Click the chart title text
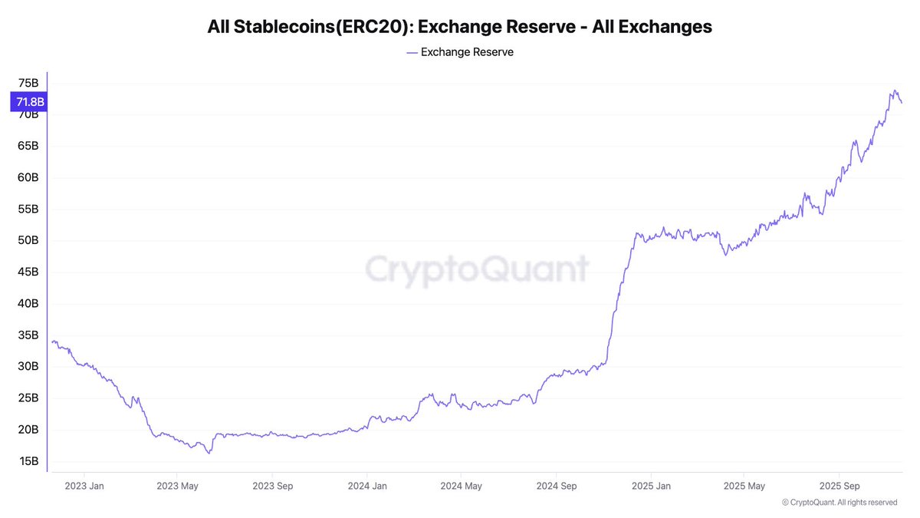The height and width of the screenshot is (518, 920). pos(459,27)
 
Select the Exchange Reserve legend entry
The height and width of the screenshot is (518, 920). pos(460,52)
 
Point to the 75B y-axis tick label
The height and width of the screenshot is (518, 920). pos(28,83)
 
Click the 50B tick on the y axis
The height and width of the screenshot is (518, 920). pos(28,240)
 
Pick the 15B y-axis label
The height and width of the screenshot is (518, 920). pos(28,460)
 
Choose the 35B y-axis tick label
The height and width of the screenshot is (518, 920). pos(28,335)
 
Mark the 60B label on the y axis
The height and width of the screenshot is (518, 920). pos(28,177)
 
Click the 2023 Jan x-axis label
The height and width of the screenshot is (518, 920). pos(84,486)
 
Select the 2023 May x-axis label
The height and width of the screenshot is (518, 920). pos(179,486)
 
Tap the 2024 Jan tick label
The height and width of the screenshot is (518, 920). pos(367,486)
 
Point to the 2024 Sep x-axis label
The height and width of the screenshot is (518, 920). pos(556,486)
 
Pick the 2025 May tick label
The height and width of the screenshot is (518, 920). pos(745,486)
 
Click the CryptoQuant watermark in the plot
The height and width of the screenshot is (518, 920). pos(476,269)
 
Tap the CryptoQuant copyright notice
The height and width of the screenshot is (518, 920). pos(839,503)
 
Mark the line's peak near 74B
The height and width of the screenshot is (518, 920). pos(894,91)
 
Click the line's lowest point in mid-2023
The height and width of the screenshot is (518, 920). pos(209,453)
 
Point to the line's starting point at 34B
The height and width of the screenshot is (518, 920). pos(52,341)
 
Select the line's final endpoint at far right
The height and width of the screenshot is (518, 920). pos(902,103)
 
